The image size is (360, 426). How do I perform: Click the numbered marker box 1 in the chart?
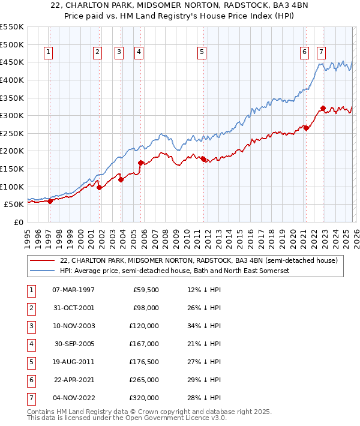coord(48,53)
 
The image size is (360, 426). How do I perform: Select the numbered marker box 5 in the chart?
coord(201,53)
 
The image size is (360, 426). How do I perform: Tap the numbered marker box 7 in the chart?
coord(322,53)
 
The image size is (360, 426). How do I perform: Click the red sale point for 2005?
coord(140,163)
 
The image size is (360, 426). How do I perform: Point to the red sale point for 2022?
coord(323,109)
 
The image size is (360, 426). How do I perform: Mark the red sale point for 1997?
coord(50,201)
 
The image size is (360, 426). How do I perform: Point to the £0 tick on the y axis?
coord(18,222)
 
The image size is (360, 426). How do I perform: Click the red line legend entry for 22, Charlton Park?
coord(199,261)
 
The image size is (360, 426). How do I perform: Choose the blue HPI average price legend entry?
coord(175,271)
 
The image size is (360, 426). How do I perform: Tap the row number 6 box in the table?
coord(30,380)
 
